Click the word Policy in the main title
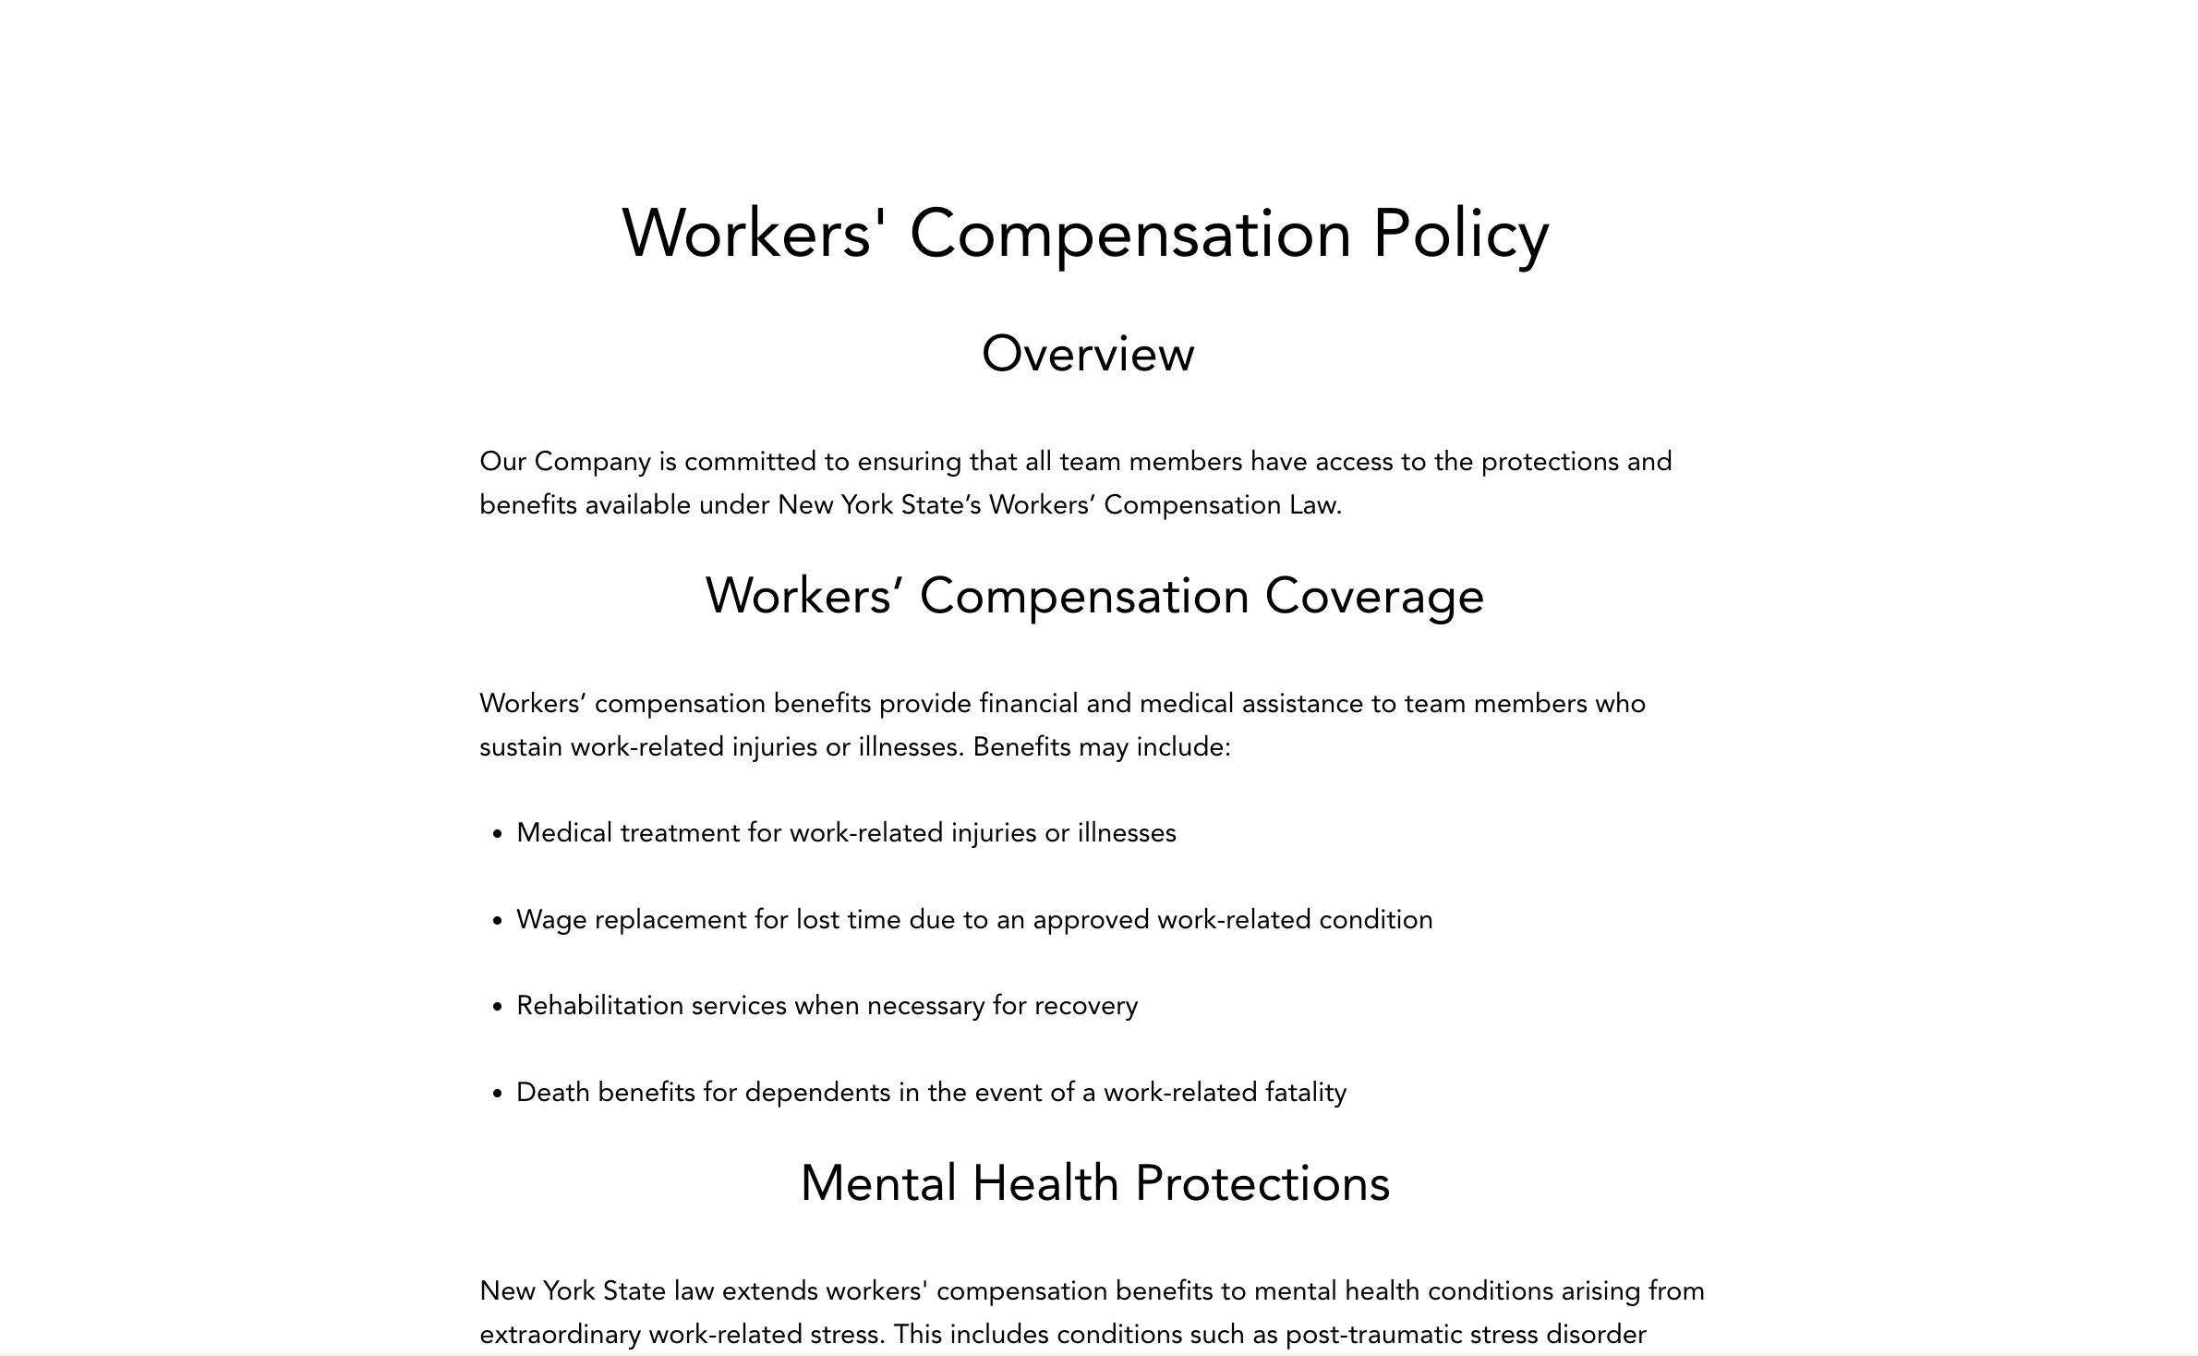[1460, 234]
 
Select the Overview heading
[1088, 354]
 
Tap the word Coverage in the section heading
[1374, 596]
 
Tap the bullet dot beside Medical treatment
[498, 834]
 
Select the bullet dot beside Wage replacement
[498, 921]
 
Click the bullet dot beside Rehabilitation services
[498, 1007]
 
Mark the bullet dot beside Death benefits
[498, 1094]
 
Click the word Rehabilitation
[599, 1006]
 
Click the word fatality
[1305, 1093]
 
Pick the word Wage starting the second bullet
[550, 920]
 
